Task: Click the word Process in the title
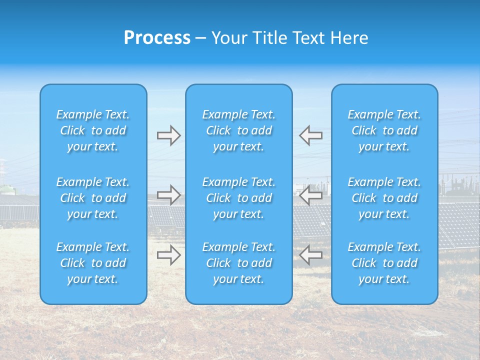coord(157,38)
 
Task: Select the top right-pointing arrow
coord(169,135)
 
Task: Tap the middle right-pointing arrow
coord(169,195)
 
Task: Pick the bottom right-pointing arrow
coord(169,255)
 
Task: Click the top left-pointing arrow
coord(310,135)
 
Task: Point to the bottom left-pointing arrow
coord(310,255)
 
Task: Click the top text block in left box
coord(93,130)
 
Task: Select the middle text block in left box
coord(93,198)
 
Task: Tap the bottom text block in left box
coord(93,263)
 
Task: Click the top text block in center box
coord(238,130)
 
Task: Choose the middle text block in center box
coord(238,198)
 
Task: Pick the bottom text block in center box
coord(238,263)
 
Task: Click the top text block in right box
coord(384,130)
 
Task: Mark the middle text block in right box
coord(384,198)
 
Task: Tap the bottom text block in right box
coord(384,263)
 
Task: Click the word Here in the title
coord(348,38)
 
